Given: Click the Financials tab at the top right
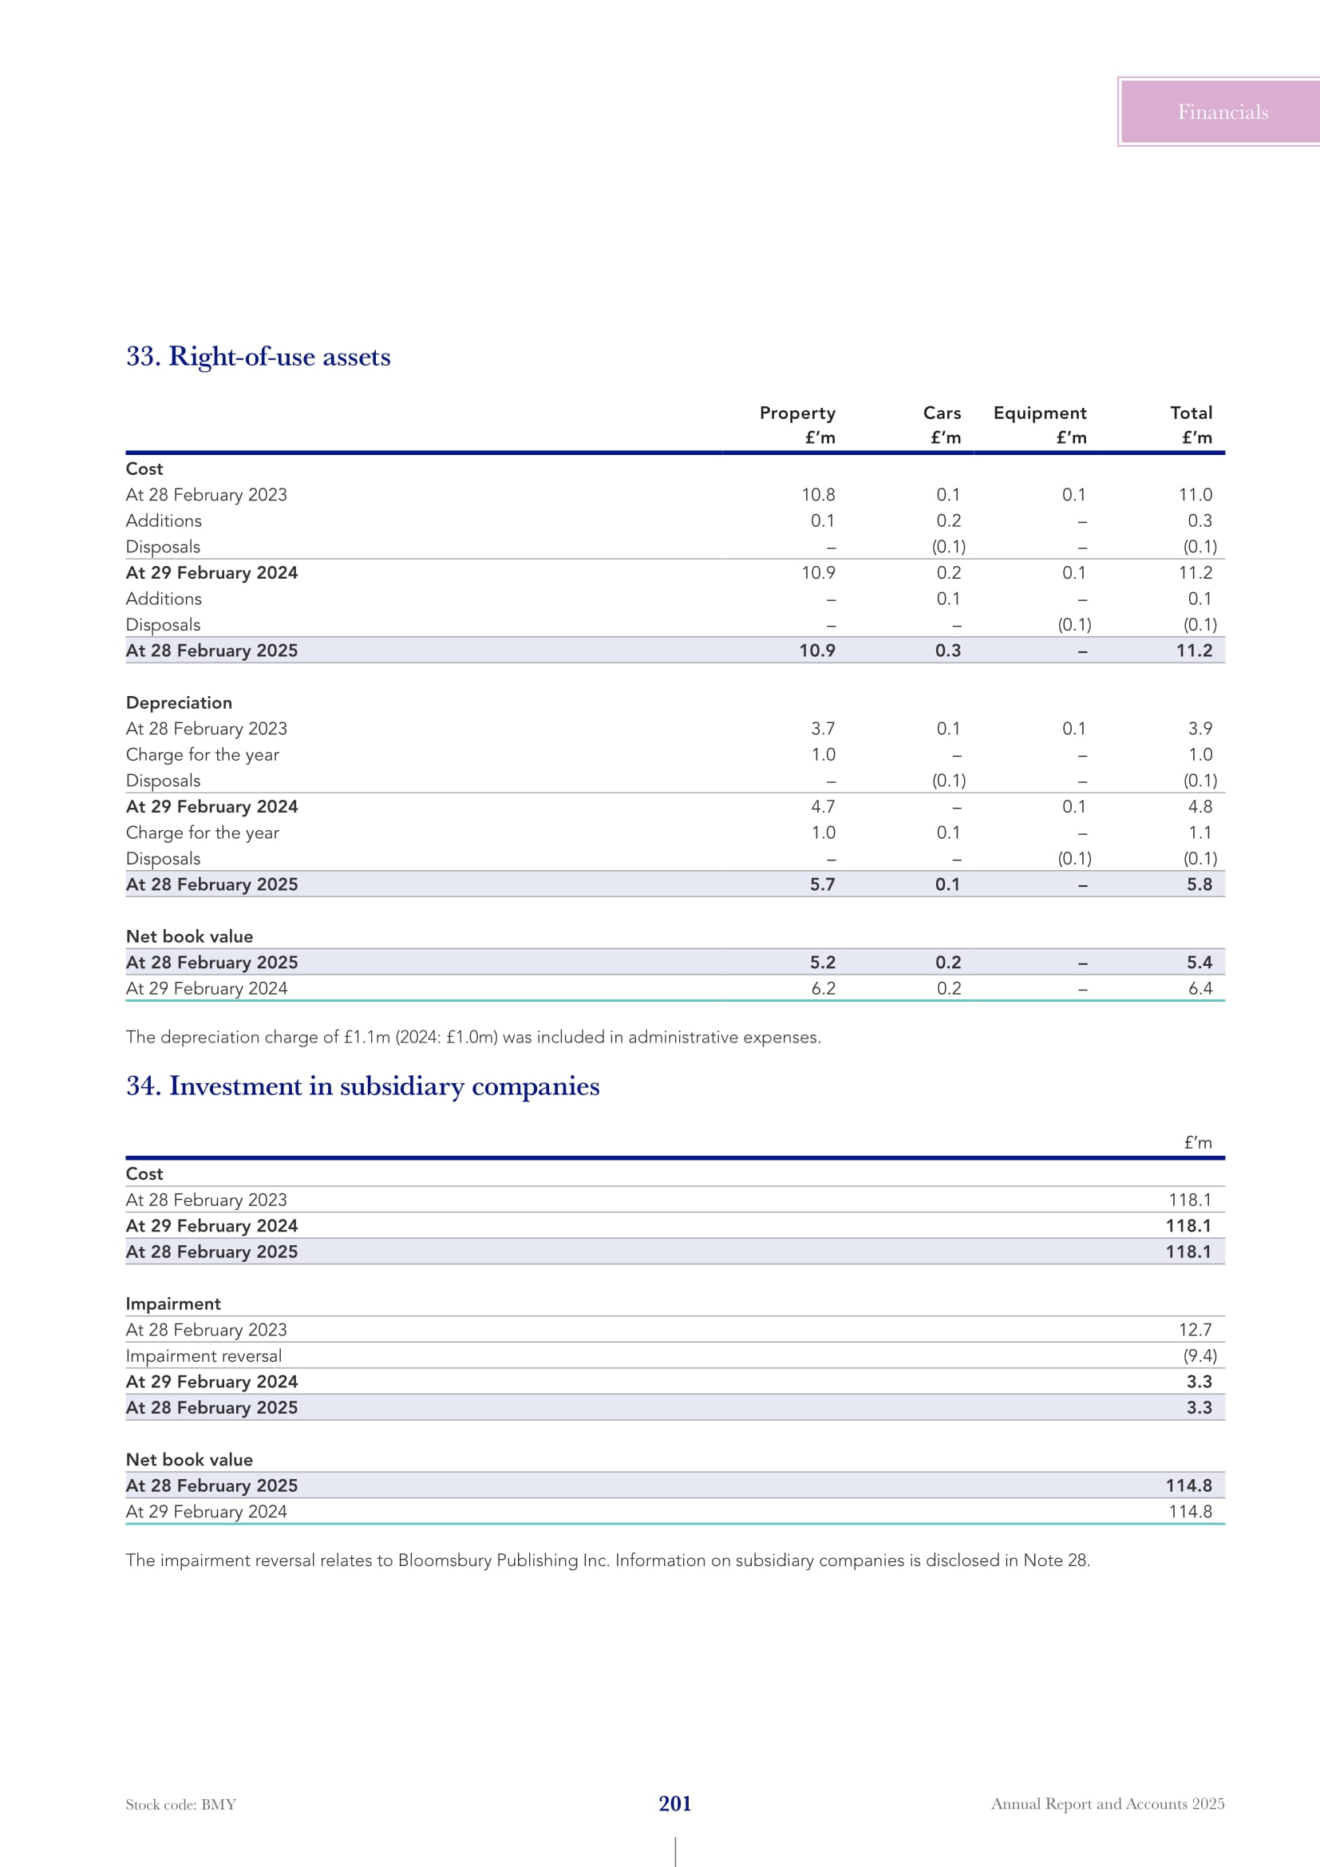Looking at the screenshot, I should [1222, 113].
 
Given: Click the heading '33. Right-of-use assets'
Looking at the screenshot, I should [258, 356].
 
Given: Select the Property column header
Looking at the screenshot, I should [796, 413].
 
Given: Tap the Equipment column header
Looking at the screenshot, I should [1039, 413].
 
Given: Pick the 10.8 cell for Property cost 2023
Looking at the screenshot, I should [818, 494].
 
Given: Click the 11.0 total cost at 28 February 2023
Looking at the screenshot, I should [1195, 494].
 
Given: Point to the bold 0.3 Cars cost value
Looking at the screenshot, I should [948, 651].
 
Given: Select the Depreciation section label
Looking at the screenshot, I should [179, 702].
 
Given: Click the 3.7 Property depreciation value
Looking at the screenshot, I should [823, 729].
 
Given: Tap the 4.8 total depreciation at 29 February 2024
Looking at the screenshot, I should [1199, 807].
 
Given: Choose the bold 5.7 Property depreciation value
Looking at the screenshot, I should [822, 884].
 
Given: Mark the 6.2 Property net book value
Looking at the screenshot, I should [823, 989].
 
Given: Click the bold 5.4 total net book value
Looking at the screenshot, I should [1199, 963].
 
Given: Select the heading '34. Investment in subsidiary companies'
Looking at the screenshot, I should [362, 1086].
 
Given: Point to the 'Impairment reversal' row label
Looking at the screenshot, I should [204, 1356].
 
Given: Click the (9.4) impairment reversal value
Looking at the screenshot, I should [1199, 1356].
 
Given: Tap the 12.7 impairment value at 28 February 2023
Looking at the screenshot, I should [1195, 1331].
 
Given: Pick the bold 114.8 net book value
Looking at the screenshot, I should [1188, 1485].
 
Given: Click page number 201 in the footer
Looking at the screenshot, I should [674, 1804].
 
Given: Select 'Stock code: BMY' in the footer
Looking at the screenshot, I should [181, 1805].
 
